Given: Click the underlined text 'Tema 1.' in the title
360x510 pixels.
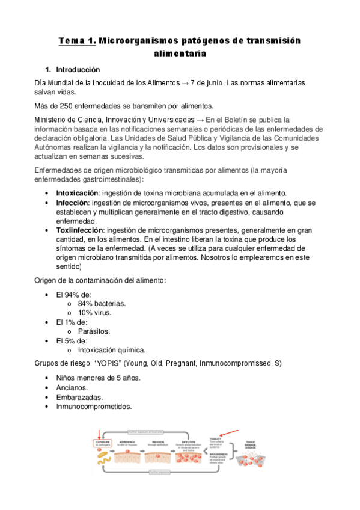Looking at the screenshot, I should coord(76,40).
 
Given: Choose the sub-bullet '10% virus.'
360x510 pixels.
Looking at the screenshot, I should coord(94,313).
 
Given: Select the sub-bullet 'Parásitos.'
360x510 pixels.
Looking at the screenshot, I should coord(94,331).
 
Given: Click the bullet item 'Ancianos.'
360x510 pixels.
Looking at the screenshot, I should coord(73,387).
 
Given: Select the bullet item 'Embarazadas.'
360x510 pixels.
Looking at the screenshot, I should coord(79,397).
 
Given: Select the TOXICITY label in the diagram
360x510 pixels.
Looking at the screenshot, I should coord(215,439).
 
